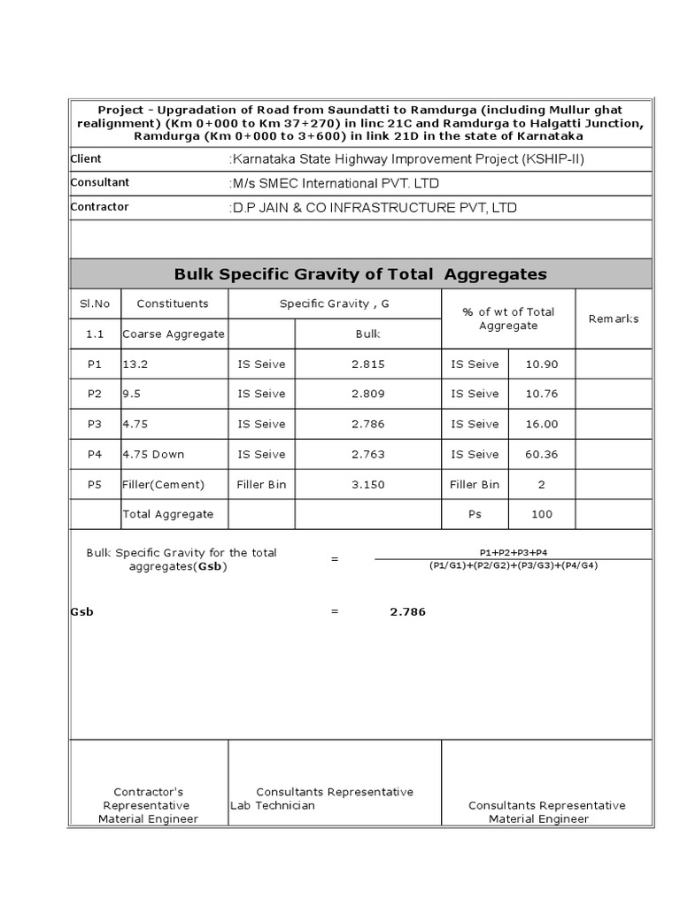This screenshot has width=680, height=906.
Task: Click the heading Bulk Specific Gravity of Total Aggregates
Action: [360, 274]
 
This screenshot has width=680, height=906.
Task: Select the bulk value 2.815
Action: [367, 364]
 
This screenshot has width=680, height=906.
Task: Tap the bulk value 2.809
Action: [367, 394]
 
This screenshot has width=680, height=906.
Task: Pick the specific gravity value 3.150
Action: [367, 484]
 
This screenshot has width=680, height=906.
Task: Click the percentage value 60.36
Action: [542, 454]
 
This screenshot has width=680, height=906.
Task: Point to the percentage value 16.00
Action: [542, 424]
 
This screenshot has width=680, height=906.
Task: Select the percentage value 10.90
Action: [542, 364]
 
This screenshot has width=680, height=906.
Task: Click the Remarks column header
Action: [614, 319]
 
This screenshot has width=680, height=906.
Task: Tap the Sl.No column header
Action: [95, 303]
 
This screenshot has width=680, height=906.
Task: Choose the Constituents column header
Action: [173, 303]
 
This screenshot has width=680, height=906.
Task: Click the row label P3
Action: [95, 424]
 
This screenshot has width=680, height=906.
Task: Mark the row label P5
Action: [95, 484]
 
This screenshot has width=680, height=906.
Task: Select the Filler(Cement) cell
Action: [164, 484]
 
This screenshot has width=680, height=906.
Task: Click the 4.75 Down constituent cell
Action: [154, 454]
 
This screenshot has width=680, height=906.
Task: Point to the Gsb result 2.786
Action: [407, 611]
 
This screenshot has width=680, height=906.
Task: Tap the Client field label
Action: [86, 158]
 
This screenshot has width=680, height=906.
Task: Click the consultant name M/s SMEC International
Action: [335, 183]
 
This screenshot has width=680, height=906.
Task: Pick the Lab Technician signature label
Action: [273, 805]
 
